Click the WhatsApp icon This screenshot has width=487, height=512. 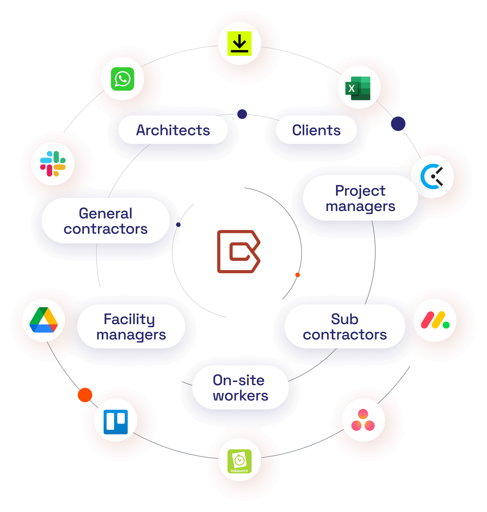click(x=123, y=79)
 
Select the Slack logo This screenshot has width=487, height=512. click(x=53, y=164)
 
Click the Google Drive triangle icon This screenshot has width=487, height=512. click(x=44, y=320)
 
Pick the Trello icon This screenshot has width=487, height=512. click(x=116, y=422)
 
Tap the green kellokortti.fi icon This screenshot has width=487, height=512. click(x=239, y=461)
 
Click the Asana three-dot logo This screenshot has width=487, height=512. click(x=363, y=420)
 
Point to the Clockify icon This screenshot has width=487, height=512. click(x=432, y=177)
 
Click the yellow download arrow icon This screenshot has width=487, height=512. click(x=239, y=43)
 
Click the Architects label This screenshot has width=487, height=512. click(x=173, y=130)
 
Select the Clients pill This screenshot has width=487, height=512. click(x=316, y=130)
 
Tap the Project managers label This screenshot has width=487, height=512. click(x=360, y=198)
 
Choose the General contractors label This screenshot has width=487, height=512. click(x=106, y=221)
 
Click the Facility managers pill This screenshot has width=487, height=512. click(x=131, y=326)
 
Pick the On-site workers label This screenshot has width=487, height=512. click(x=240, y=388)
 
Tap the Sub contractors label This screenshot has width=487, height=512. click(x=345, y=326)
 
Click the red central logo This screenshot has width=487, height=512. click(x=238, y=252)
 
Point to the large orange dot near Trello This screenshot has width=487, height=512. click(x=85, y=395)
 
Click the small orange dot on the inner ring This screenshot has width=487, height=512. click(x=298, y=275)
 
